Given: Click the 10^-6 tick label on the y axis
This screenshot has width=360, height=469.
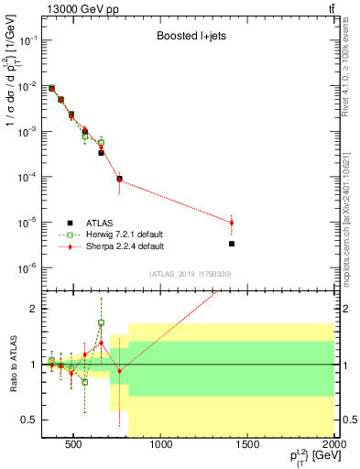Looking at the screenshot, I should click(x=25, y=267).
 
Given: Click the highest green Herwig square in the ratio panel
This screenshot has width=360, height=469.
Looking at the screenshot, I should click(x=101, y=322).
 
